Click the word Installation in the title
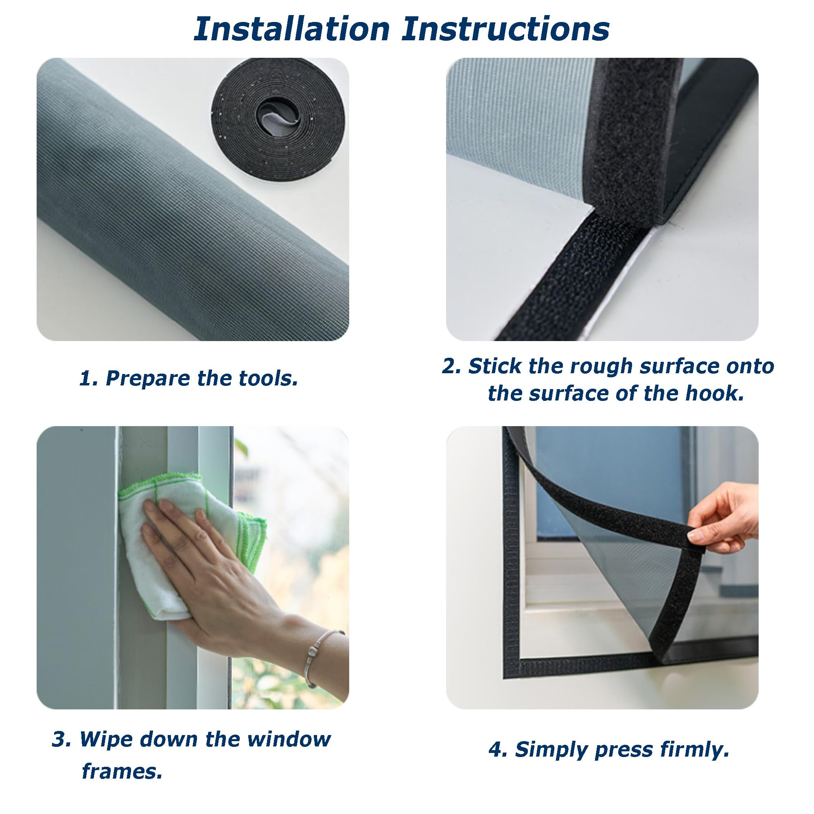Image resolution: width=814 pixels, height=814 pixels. tap(291, 29)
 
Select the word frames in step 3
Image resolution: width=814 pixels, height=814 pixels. tap(122, 783)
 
